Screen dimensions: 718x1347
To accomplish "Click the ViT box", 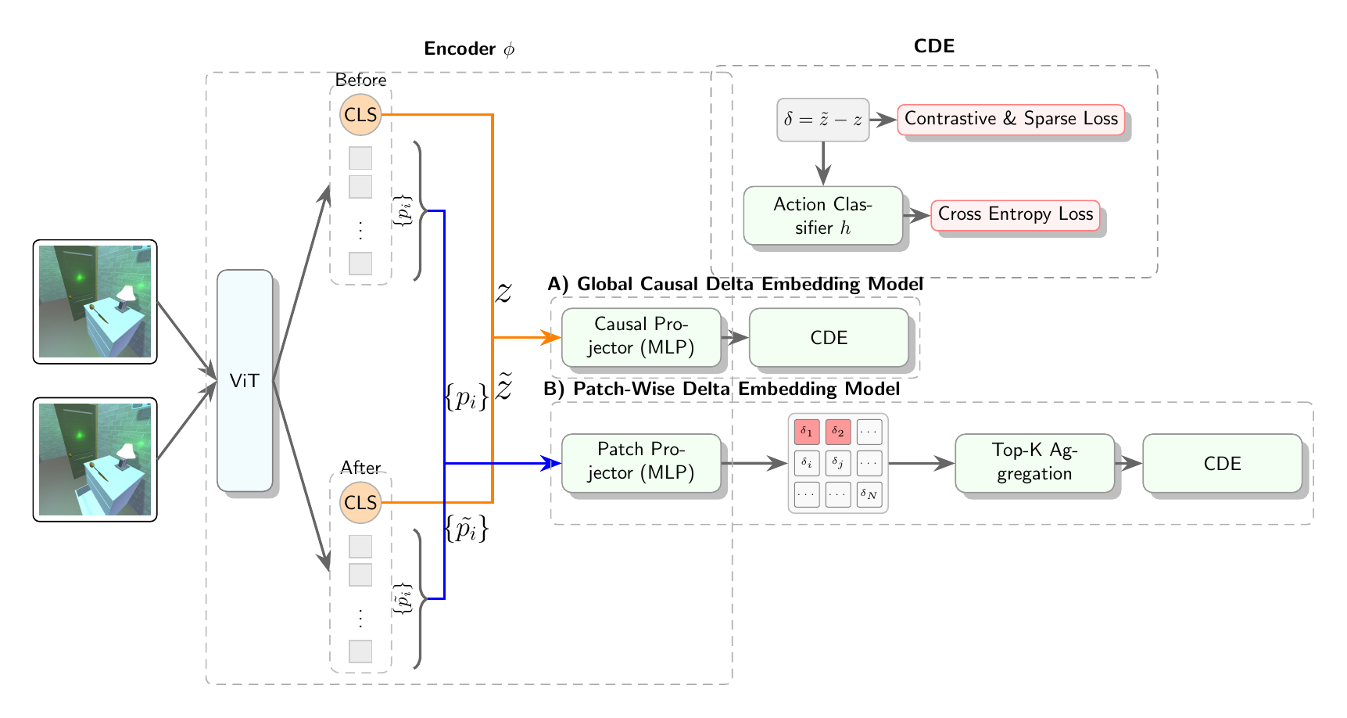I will [x=245, y=381].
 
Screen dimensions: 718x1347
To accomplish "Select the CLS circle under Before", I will [x=360, y=115].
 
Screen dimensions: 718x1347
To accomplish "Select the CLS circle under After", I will [x=360, y=503].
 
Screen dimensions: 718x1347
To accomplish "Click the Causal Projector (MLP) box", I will [x=641, y=337].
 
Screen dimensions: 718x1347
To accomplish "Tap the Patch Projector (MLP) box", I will [x=641, y=462].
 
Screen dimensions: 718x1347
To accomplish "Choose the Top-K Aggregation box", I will [x=1034, y=462].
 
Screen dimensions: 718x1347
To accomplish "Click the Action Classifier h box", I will [x=822, y=216].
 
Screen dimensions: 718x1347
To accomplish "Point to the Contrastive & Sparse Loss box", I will [x=1011, y=119].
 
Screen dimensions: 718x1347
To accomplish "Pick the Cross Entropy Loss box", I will [x=1015, y=215].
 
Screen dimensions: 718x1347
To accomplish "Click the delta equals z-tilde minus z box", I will [x=822, y=120].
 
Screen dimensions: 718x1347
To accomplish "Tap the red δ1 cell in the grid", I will [x=807, y=432].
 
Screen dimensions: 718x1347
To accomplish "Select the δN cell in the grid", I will [x=869, y=494].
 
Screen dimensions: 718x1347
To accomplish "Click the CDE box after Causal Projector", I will [x=829, y=337].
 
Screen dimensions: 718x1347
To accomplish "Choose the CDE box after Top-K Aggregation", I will [x=1222, y=463].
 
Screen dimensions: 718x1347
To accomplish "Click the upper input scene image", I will [x=95, y=302].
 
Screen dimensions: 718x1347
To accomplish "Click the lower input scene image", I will [x=95, y=460].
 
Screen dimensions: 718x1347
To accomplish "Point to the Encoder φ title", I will [x=469, y=49].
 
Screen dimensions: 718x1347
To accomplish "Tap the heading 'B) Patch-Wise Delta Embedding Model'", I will [x=721, y=389].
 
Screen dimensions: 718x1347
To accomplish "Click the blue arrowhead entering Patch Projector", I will [x=554, y=463].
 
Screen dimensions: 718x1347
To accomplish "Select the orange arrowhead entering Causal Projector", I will [x=554, y=337].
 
